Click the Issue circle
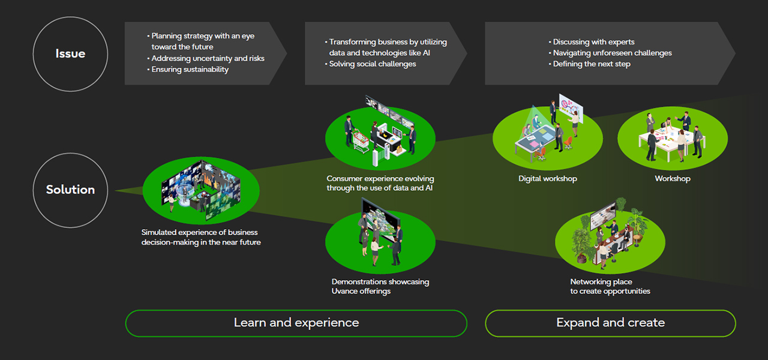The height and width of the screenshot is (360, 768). point(70,54)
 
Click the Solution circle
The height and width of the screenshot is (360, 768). point(70,190)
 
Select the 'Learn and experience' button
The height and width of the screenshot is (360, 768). point(296,323)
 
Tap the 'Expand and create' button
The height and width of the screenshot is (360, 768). point(610,323)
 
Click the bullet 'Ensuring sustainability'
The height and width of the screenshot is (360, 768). point(190,70)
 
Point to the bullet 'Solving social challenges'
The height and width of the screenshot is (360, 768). point(372,64)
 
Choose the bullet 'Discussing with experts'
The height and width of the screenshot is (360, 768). point(593,42)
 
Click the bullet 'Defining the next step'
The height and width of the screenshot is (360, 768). point(591,64)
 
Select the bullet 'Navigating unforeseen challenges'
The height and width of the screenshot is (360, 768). point(612,53)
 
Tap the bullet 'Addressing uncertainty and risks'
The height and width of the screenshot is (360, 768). point(208,59)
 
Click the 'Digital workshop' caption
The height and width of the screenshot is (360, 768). point(548,179)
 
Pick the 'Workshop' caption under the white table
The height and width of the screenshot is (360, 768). point(672,179)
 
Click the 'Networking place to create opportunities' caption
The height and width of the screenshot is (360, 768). point(610,286)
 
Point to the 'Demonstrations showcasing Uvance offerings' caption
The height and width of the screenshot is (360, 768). point(380,286)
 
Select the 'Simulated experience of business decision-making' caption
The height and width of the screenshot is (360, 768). point(201,237)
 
